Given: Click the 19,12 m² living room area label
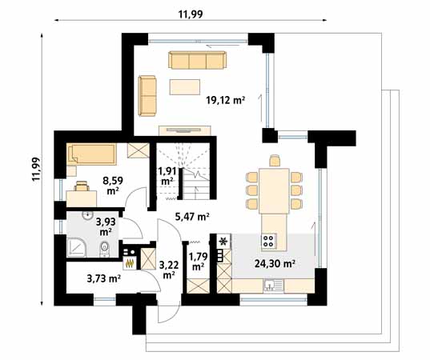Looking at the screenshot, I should [x=226, y=100].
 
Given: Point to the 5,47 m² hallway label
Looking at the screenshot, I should [x=191, y=216].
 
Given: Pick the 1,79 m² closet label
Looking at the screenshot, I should [x=196, y=261].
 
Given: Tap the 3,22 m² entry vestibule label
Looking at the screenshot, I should [x=168, y=268].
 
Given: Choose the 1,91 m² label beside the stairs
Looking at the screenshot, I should [x=167, y=176].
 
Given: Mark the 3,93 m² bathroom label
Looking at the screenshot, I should [x=105, y=226].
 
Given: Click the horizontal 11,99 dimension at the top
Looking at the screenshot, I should [x=190, y=13].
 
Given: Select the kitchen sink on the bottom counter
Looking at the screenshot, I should [x=273, y=284].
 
